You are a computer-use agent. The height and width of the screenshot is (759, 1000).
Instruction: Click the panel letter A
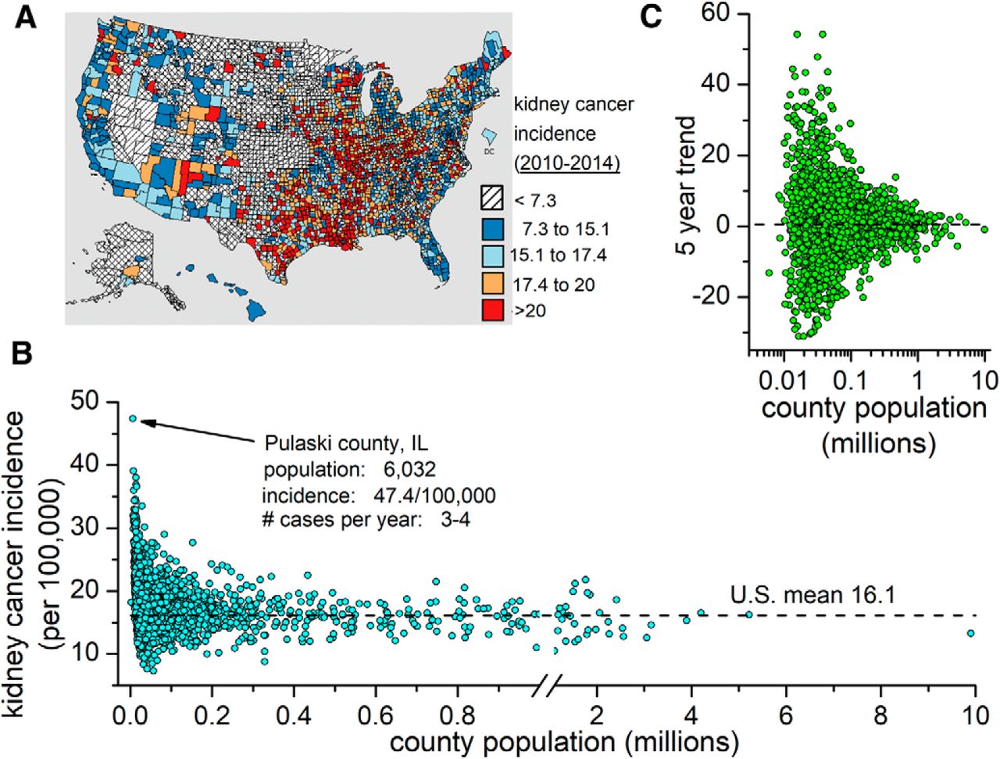27,18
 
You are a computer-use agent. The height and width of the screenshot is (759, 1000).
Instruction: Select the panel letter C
652,16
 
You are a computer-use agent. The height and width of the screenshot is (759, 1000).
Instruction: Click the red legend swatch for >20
491,310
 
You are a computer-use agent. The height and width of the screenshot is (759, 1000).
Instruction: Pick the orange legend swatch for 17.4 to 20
491,283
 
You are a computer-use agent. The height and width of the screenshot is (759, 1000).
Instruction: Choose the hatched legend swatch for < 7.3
491,201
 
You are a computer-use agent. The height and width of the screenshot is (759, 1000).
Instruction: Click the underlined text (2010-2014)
566,164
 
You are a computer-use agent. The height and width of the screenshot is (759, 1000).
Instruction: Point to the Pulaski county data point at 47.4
133,418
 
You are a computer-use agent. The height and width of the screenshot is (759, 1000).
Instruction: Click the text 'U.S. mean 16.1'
812,596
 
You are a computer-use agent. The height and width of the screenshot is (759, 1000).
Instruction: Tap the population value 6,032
409,469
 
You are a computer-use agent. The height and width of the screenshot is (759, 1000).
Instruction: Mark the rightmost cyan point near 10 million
970,633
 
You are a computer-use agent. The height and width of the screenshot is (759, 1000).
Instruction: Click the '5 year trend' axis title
686,184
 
